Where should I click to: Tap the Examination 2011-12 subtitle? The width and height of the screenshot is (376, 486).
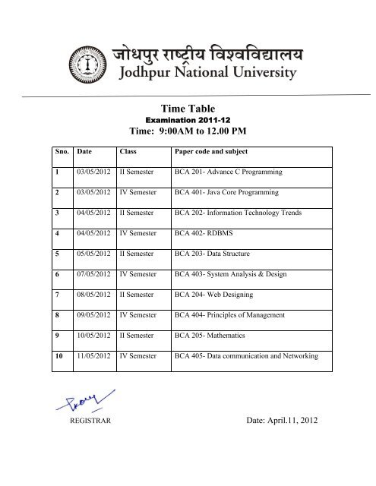186,126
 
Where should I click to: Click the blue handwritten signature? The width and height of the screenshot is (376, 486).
90,399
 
